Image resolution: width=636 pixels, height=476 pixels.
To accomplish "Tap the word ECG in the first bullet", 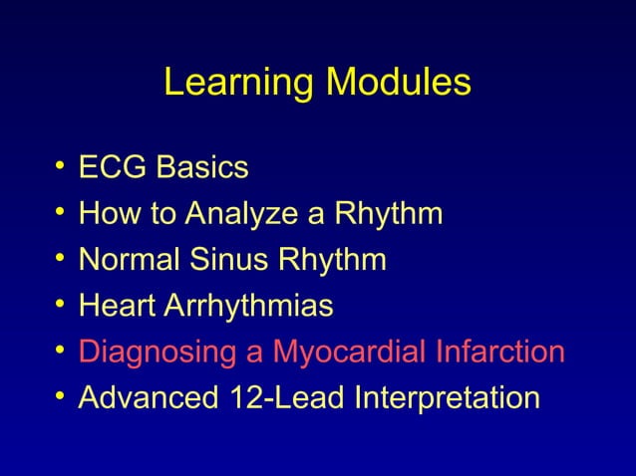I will pyautogui.click(x=111, y=167).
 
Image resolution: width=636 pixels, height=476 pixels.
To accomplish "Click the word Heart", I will pyautogui.click(x=114, y=306).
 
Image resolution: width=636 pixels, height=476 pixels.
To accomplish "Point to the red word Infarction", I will pyautogui.click(x=503, y=352).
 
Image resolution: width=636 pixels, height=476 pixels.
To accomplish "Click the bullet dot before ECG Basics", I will pyautogui.click(x=62, y=167).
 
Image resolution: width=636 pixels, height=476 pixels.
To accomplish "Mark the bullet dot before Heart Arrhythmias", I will pyautogui.click(x=62, y=306).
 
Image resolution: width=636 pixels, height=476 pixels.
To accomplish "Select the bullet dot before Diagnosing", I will pyautogui.click(x=62, y=352).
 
